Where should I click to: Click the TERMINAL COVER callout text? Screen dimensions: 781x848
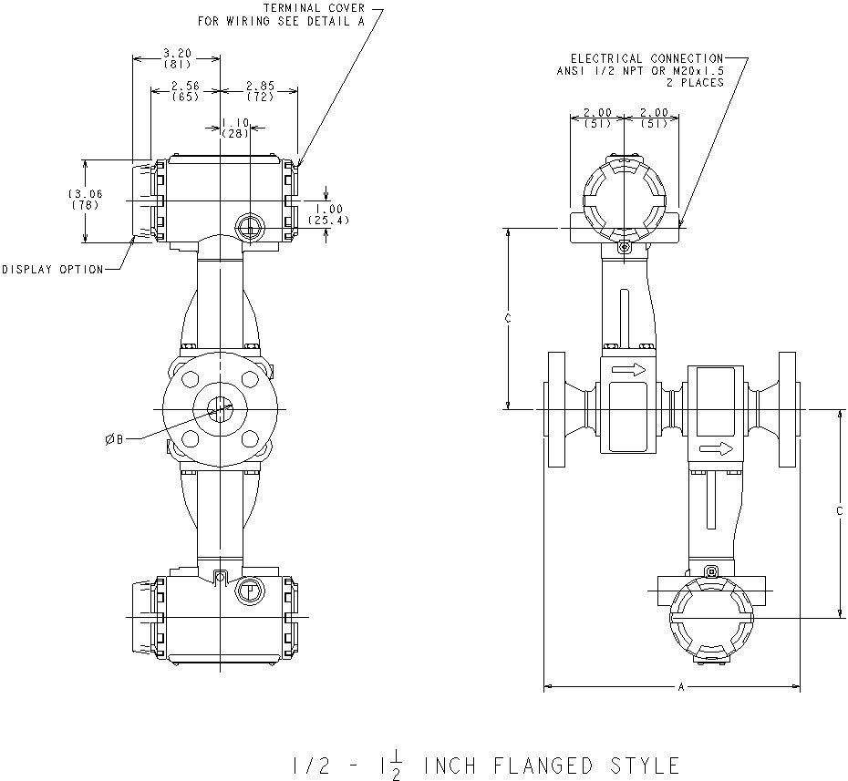pos(314,8)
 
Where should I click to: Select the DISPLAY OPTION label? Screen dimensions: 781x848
pos(52,269)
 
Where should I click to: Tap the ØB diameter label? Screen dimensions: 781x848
pos(113,439)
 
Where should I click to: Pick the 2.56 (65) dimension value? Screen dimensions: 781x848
pos(185,90)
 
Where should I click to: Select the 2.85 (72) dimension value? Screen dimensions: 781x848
pos(260,90)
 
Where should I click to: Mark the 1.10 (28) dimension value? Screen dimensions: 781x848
pos(236,128)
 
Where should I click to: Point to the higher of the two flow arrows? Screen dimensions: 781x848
pos(628,369)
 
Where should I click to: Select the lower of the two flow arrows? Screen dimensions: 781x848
pos(718,448)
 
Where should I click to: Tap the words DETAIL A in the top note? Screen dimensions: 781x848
pos(341,20)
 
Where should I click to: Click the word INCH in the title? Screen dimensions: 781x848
pos(451,765)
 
